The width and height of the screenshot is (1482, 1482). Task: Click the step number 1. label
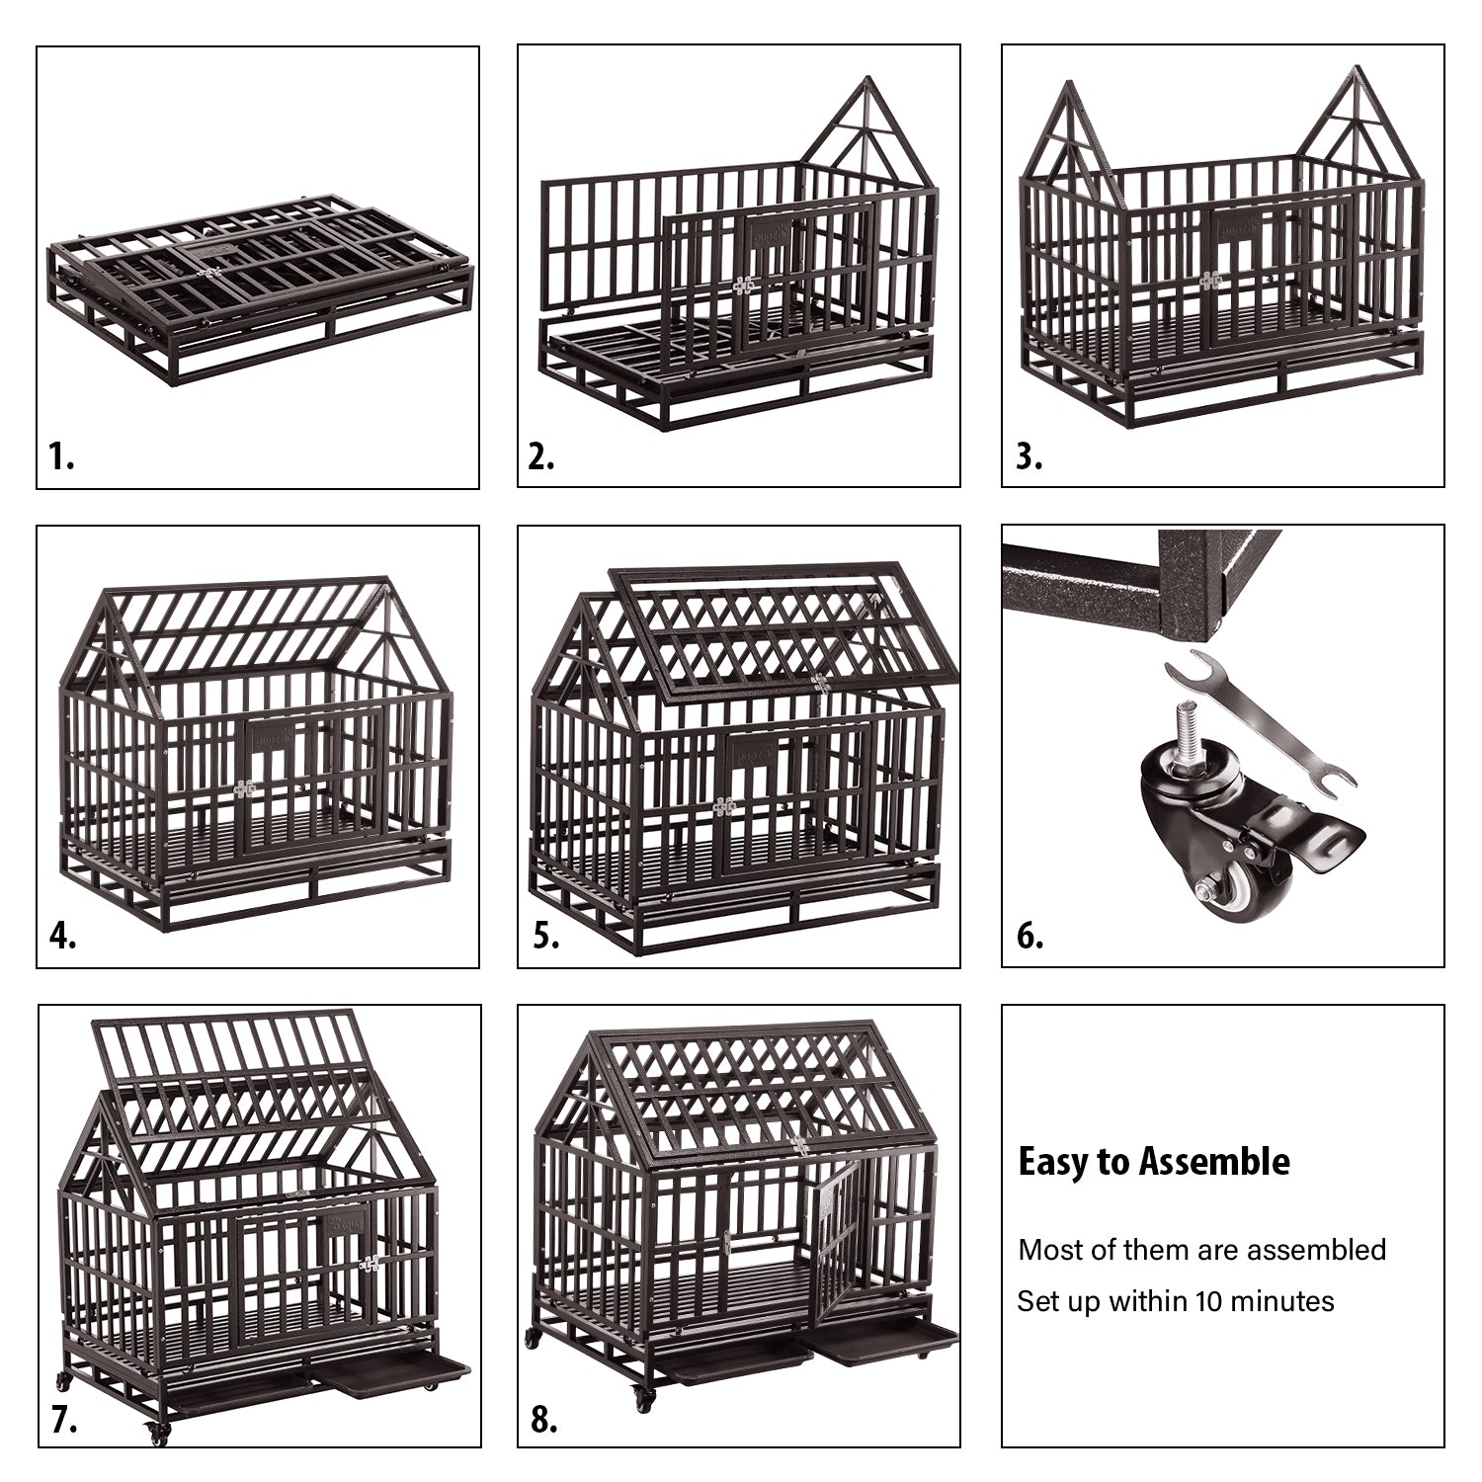pyautogui.click(x=61, y=456)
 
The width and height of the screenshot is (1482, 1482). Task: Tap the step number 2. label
pyautogui.click(x=541, y=456)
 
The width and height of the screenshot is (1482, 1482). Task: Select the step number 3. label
pyautogui.click(x=1029, y=456)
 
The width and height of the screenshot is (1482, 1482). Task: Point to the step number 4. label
pyautogui.click(x=62, y=935)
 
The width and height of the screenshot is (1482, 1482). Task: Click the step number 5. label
pyautogui.click(x=545, y=935)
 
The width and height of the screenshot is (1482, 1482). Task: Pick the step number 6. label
pyautogui.click(x=1029, y=935)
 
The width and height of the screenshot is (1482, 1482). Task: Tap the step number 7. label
pyautogui.click(x=64, y=1420)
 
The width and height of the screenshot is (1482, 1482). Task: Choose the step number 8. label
pyautogui.click(x=544, y=1420)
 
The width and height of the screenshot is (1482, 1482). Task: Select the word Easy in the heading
pyautogui.click(x=1052, y=1162)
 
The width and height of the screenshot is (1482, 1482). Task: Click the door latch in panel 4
pyautogui.click(x=244, y=788)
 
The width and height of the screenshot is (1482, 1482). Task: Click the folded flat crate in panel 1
pyautogui.click(x=259, y=291)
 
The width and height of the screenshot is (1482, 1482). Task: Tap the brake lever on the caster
pyautogui.click(x=1324, y=836)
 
